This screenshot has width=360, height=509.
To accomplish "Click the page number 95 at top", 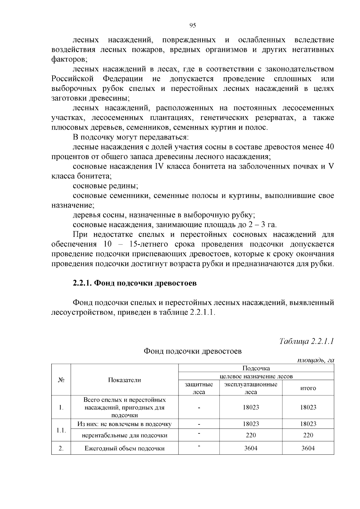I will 193,25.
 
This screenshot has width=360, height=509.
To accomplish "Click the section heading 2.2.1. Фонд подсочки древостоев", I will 135,283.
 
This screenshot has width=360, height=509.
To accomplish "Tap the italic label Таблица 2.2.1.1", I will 307,341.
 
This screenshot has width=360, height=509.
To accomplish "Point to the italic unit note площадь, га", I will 315,360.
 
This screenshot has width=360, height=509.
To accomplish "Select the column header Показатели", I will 124,380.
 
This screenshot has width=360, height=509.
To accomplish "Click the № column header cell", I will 61,380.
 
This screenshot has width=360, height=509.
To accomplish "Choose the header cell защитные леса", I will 199,388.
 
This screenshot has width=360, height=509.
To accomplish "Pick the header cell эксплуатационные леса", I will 251,388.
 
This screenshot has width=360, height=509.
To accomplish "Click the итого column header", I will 308,388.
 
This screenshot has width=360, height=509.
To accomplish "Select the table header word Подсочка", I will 256,368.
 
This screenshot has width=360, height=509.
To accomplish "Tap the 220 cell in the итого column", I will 308,435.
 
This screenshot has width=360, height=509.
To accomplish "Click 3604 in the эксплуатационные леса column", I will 251,448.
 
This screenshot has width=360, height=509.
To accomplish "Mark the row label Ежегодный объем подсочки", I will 124,448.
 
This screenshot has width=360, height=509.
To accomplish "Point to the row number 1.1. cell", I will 61,430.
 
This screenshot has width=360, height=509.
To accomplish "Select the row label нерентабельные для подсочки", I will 124,435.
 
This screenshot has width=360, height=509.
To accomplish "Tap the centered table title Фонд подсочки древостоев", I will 193,351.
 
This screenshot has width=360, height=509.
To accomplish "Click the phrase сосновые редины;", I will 105,186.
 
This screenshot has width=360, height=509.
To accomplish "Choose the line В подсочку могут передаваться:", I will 130,137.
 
